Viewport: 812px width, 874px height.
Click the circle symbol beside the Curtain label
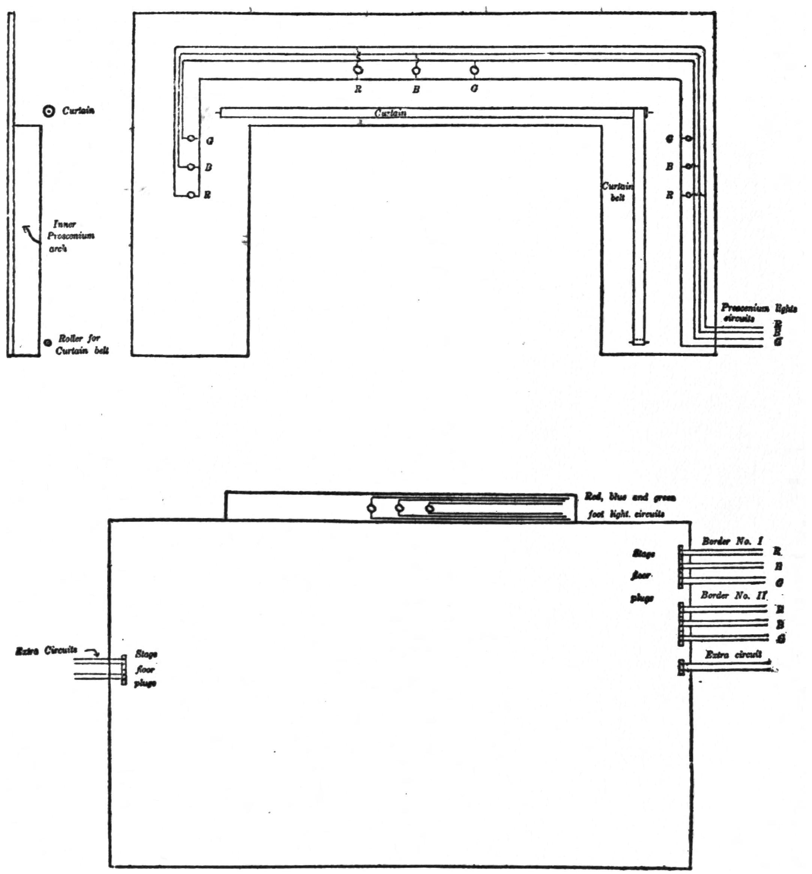point(49,111)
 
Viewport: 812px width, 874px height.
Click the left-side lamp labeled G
point(191,138)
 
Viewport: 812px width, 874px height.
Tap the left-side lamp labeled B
point(191,167)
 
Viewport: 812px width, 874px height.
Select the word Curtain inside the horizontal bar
point(390,113)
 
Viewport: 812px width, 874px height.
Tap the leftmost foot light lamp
point(372,509)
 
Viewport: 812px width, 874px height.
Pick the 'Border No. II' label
point(733,596)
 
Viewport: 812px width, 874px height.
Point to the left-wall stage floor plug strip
point(124,670)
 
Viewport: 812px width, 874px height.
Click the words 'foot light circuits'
point(626,514)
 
